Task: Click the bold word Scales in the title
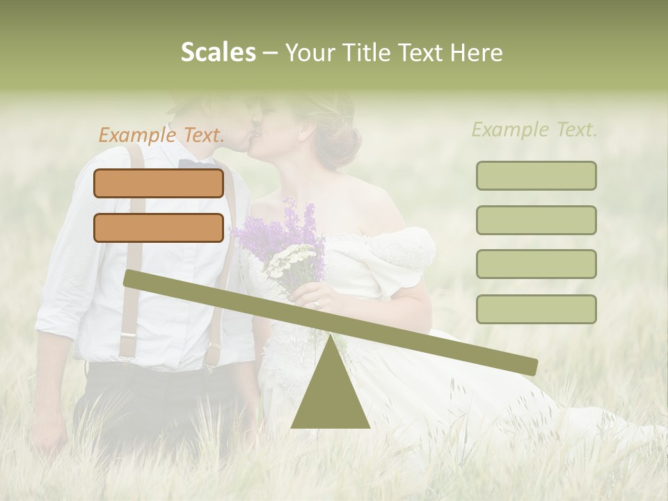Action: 218,53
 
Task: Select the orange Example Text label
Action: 161,135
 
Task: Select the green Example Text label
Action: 534,129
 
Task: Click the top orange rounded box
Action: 159,183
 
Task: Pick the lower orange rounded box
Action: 159,228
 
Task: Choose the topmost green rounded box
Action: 536,175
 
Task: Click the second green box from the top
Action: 536,220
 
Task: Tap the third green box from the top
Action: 536,264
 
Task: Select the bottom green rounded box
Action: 536,309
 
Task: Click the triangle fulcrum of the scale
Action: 331,397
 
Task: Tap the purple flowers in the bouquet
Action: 278,230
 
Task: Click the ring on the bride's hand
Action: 317,304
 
